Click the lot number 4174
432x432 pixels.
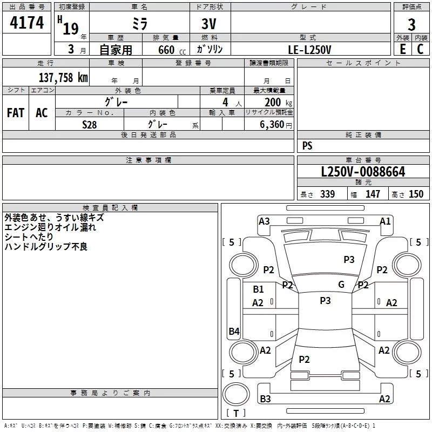pos(27,23)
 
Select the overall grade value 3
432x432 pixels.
pos(411,25)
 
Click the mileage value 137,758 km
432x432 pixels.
pos(63,77)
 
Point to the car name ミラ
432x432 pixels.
pos(139,24)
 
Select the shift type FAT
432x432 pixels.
pos(16,112)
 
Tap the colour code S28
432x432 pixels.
pos(89,124)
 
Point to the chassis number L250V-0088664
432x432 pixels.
pos(363,172)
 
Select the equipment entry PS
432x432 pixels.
pos(307,146)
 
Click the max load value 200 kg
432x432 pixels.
pos(276,102)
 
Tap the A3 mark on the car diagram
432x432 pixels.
pos(264,221)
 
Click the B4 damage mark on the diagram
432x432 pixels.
pos(234,332)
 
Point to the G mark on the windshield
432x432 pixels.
pos(341,284)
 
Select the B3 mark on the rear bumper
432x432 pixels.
pos(265,399)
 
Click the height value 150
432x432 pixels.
pos(416,194)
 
